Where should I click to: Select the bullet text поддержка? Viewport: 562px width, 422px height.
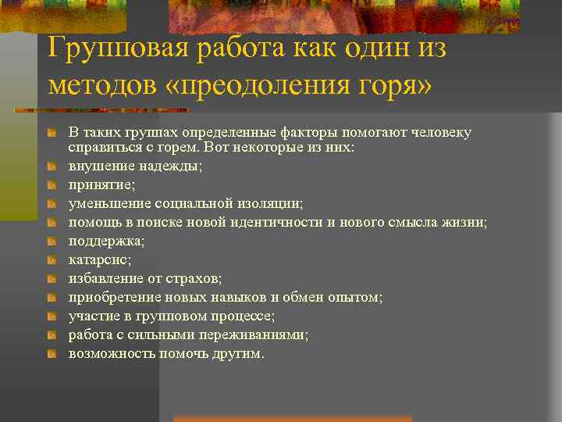pos(106,241)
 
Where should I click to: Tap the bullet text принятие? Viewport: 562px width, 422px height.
pos(101,184)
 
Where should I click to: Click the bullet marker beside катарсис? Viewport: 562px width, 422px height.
pos(52,259)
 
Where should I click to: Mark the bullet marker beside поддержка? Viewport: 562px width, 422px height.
pos(52,241)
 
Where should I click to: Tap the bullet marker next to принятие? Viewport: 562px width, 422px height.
pos(52,184)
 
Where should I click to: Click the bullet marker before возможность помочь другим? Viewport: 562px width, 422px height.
pos(52,353)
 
